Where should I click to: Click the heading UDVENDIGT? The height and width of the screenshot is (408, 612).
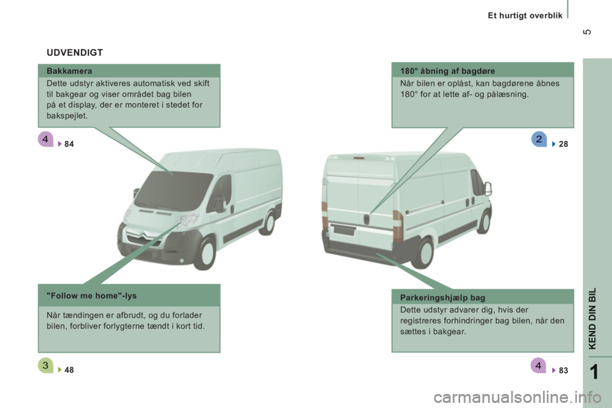pyautogui.click(x=75, y=53)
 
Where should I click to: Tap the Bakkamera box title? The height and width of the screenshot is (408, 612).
pyautogui.click(x=69, y=71)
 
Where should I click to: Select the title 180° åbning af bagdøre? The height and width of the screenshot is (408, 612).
pyautogui.click(x=448, y=71)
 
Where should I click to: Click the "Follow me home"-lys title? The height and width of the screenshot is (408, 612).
pyautogui.click(x=91, y=296)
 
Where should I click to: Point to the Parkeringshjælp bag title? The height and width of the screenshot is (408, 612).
pyautogui.click(x=442, y=298)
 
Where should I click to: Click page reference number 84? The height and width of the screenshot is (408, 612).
pyautogui.click(x=69, y=144)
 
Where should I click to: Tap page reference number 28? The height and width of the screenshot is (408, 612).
pyautogui.click(x=563, y=144)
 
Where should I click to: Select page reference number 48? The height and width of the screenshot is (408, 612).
pyautogui.click(x=69, y=370)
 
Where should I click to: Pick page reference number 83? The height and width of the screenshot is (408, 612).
pyautogui.click(x=563, y=370)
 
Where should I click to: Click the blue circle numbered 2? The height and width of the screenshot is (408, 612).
pyautogui.click(x=539, y=140)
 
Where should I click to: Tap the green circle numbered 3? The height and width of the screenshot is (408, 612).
pyautogui.click(x=46, y=365)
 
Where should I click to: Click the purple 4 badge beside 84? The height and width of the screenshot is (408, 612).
pyautogui.click(x=46, y=140)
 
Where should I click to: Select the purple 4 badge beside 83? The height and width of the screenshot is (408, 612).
pyautogui.click(x=539, y=365)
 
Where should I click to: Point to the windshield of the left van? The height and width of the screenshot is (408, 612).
pyautogui.click(x=173, y=191)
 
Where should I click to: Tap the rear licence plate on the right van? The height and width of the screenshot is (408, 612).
pyautogui.click(x=344, y=230)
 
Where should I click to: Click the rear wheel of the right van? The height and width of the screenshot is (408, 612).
pyautogui.click(x=423, y=252)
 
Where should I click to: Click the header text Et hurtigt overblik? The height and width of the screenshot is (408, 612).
pyautogui.click(x=525, y=15)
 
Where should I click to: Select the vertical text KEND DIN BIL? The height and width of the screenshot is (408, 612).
pyautogui.click(x=592, y=318)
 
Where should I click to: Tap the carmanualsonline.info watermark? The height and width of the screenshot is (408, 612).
pyautogui.click(x=517, y=398)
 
